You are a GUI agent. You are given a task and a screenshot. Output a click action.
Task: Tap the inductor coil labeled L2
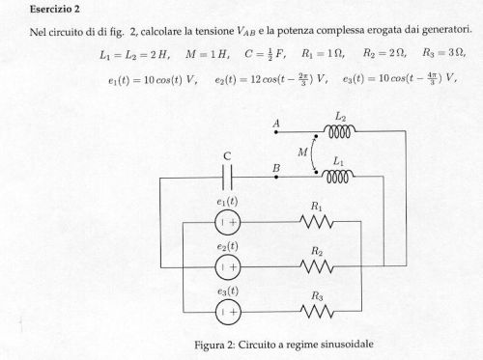click(339, 129)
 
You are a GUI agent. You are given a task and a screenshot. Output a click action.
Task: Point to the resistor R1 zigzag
click(316, 221)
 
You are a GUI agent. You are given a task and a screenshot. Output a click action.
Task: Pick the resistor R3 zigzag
click(316, 311)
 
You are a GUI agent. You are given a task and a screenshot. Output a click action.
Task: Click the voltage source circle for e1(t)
click(228, 221)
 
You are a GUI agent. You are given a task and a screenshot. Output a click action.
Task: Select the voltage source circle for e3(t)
click(228, 311)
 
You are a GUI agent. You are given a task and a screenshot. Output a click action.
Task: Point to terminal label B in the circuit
click(276, 168)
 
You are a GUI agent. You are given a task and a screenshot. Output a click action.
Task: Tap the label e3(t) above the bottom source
click(228, 291)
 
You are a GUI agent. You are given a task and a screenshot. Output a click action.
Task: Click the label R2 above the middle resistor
click(316, 251)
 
